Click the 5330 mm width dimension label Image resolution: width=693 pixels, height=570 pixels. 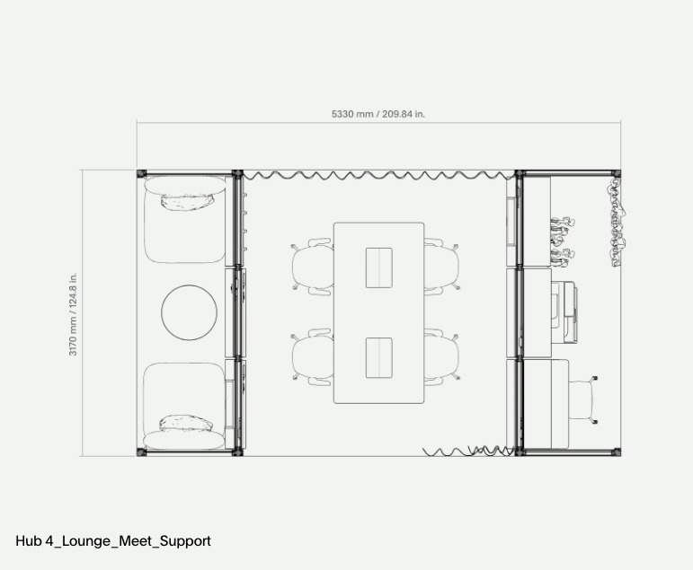(x=378, y=114)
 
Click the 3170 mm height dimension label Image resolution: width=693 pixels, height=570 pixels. (x=73, y=314)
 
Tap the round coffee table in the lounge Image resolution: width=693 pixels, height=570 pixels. (x=189, y=312)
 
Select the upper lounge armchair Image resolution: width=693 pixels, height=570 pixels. (x=185, y=219)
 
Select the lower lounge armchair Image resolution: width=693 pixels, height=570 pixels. (x=184, y=406)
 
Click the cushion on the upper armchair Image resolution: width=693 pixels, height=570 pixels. (x=187, y=201)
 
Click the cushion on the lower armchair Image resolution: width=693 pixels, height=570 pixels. (x=186, y=423)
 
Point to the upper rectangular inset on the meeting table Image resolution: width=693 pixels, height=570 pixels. (x=378, y=268)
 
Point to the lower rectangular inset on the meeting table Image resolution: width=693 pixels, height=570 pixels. (x=378, y=358)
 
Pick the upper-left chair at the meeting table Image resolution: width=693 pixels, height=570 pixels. (x=312, y=267)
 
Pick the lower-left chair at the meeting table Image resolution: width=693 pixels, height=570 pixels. (x=312, y=357)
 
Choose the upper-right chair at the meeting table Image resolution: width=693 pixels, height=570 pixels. (x=441, y=267)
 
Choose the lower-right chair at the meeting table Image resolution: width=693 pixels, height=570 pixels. (x=441, y=357)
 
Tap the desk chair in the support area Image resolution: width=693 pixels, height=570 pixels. (x=583, y=400)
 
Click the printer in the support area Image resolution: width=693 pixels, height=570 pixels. (x=564, y=312)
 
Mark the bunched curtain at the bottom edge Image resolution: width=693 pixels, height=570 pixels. (x=468, y=452)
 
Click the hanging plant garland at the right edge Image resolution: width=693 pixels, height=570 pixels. (x=616, y=222)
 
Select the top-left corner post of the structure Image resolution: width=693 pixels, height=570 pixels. (x=141, y=173)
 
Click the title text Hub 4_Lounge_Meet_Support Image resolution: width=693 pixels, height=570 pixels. (x=113, y=541)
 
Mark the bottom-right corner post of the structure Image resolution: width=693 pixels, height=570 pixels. (x=616, y=452)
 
